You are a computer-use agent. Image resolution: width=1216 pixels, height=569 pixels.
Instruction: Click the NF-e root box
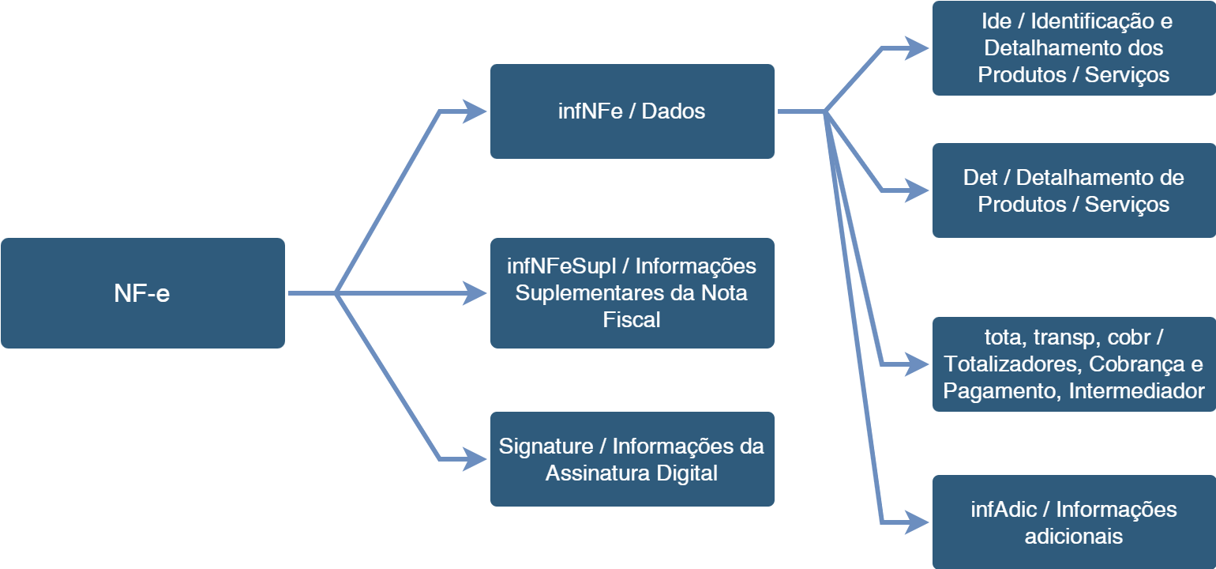pyautogui.click(x=142, y=293)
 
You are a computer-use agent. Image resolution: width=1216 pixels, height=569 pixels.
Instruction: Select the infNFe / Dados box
pyautogui.click(x=632, y=111)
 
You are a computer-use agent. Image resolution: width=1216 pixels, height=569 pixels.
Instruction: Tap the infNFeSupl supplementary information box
pyautogui.click(x=632, y=293)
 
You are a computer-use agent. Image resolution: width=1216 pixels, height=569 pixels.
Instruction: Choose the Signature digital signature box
pyautogui.click(x=632, y=459)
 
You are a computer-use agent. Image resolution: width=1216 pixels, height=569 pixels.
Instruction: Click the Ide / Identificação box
pyautogui.click(x=1074, y=48)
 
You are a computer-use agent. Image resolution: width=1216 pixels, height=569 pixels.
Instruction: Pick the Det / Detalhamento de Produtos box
pyautogui.click(x=1074, y=190)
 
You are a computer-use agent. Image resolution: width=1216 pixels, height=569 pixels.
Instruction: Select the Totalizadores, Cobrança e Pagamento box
pyautogui.click(x=1074, y=364)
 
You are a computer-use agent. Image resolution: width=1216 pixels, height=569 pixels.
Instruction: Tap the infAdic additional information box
pyautogui.click(x=1074, y=522)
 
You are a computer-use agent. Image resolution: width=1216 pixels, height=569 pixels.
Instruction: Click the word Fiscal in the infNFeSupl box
pyautogui.click(x=632, y=320)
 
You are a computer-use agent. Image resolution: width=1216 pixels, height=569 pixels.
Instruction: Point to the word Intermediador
pyautogui.click(x=1136, y=391)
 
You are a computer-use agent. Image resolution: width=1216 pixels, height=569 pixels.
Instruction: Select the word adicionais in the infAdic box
pyautogui.click(x=1074, y=537)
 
